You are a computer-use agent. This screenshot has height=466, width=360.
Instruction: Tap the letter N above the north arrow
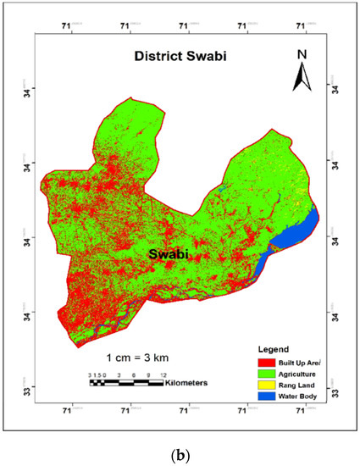(301, 54)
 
